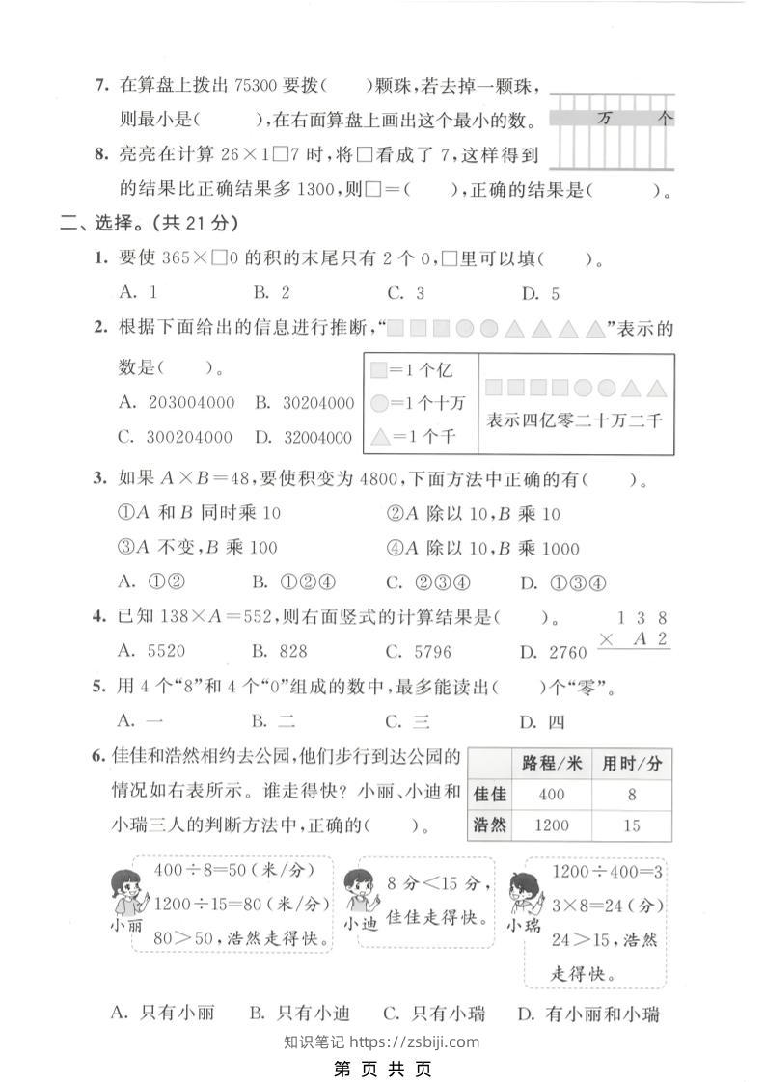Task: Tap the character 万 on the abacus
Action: [605, 119]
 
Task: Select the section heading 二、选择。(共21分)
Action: [149, 223]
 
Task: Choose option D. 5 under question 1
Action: [540, 294]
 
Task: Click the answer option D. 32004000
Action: [304, 437]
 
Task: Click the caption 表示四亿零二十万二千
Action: [576, 420]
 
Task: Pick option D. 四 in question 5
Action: [541, 721]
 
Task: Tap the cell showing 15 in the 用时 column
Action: [632, 825]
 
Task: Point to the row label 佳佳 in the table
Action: [490, 795]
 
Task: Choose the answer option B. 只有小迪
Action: [298, 1014]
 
